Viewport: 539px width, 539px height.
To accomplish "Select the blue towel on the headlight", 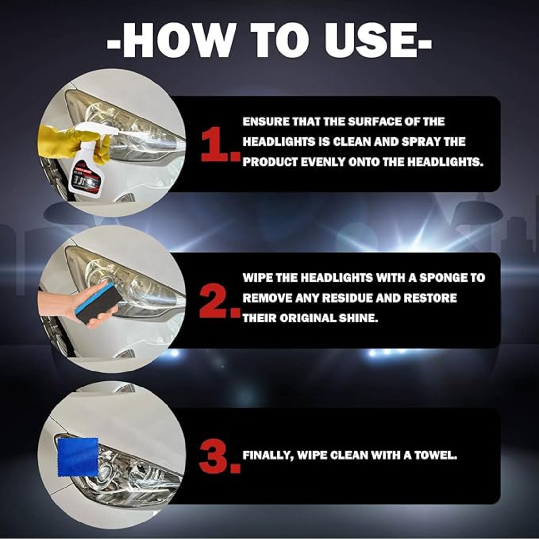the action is tap(78, 457).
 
